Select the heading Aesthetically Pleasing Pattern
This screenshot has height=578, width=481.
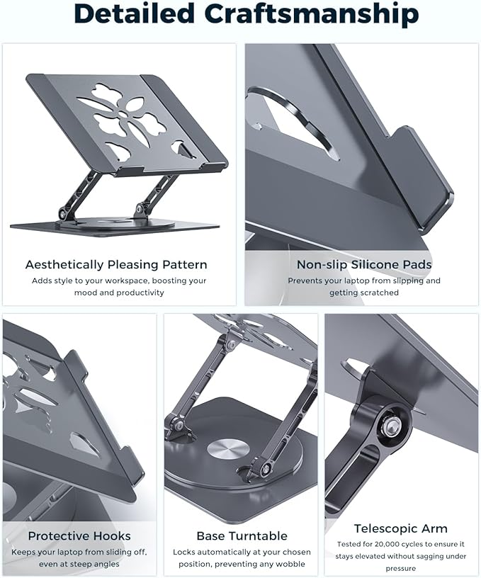[x=116, y=265]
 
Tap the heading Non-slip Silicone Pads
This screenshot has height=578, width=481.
[x=364, y=265]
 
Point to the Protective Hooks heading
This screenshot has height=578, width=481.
[x=78, y=535]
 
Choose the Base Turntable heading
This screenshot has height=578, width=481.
[x=242, y=536]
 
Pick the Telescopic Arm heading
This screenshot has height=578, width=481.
[x=401, y=528]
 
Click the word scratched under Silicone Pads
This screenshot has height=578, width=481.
[x=383, y=293]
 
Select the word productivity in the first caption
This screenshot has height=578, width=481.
[x=139, y=293]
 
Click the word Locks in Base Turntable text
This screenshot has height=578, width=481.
[x=185, y=552]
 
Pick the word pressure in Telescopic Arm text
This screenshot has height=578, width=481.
[x=401, y=568]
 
